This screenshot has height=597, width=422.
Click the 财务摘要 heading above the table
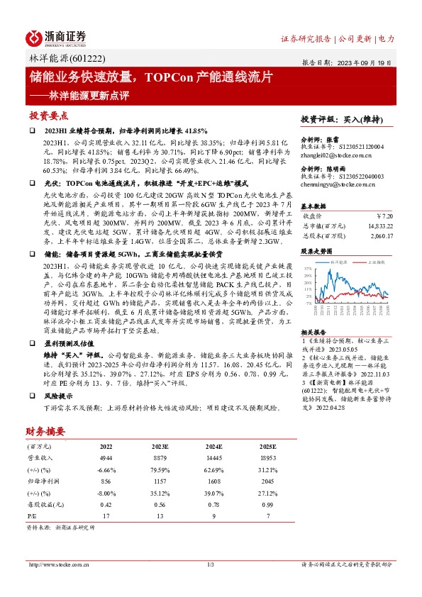(x=46, y=431)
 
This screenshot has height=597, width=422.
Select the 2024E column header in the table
(x=212, y=447)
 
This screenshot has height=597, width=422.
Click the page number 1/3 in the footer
(x=210, y=564)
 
